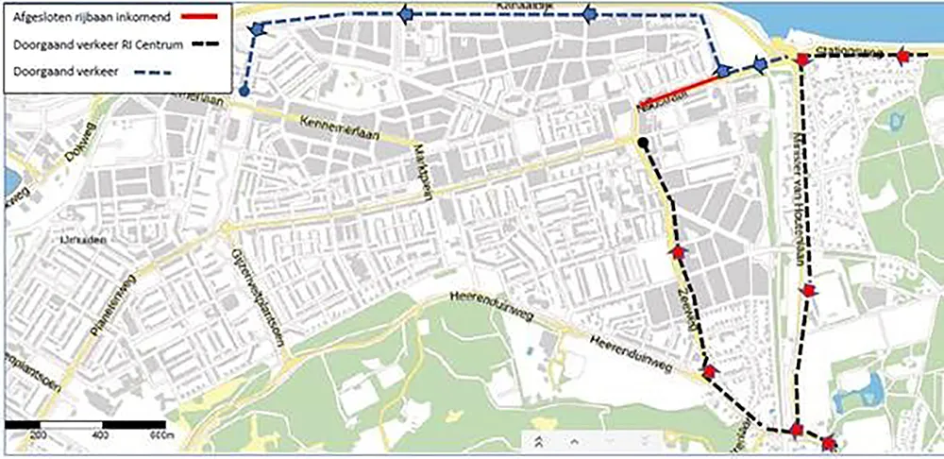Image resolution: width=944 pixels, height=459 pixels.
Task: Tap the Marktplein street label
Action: pyautogui.click(x=425, y=166)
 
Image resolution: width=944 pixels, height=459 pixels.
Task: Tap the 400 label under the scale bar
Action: pyautogui.click(x=101, y=435)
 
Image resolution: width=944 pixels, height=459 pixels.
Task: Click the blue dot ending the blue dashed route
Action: pyautogui.click(x=244, y=92)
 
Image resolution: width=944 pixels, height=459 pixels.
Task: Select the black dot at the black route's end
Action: pyautogui.click(x=642, y=144)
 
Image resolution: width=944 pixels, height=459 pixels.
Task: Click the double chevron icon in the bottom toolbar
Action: pyautogui.click(x=536, y=441)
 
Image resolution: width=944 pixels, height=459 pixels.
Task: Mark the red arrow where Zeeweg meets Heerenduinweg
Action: pyautogui.click(x=709, y=372)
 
